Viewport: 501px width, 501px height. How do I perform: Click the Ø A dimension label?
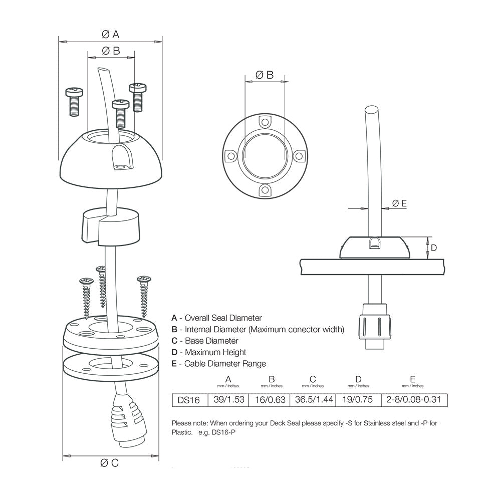(x=110, y=34)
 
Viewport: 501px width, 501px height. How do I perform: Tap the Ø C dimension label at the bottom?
(x=110, y=463)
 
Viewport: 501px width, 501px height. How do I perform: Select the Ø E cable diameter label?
(x=399, y=203)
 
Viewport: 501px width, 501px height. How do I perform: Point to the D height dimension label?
(x=434, y=247)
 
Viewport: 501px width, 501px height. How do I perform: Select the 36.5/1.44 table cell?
(x=313, y=400)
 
